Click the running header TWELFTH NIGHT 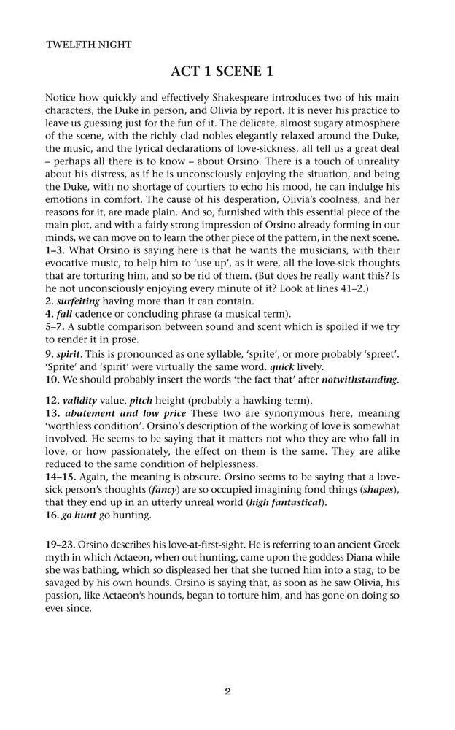88,45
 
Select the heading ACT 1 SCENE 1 227,71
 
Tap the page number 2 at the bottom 227,692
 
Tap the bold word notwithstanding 359,380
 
